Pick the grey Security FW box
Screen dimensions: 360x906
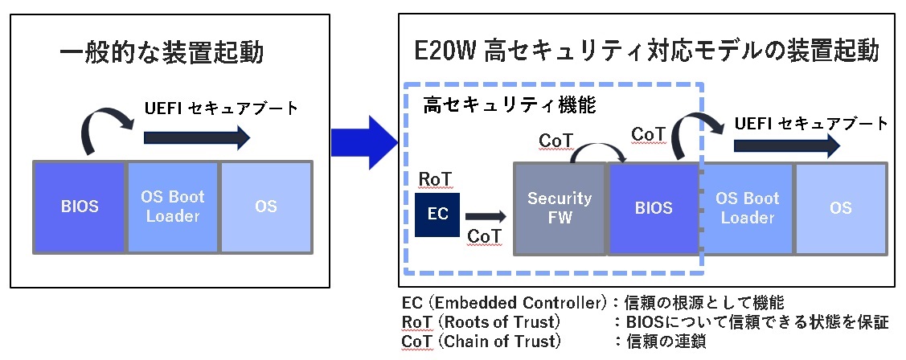tap(559, 207)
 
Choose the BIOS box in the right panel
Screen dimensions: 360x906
tap(653, 207)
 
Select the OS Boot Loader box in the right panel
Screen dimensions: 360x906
tap(748, 207)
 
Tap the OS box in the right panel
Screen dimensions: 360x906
tap(840, 207)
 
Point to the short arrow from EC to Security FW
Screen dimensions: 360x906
tap(486, 215)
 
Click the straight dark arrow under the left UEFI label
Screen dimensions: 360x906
tap(196, 138)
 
